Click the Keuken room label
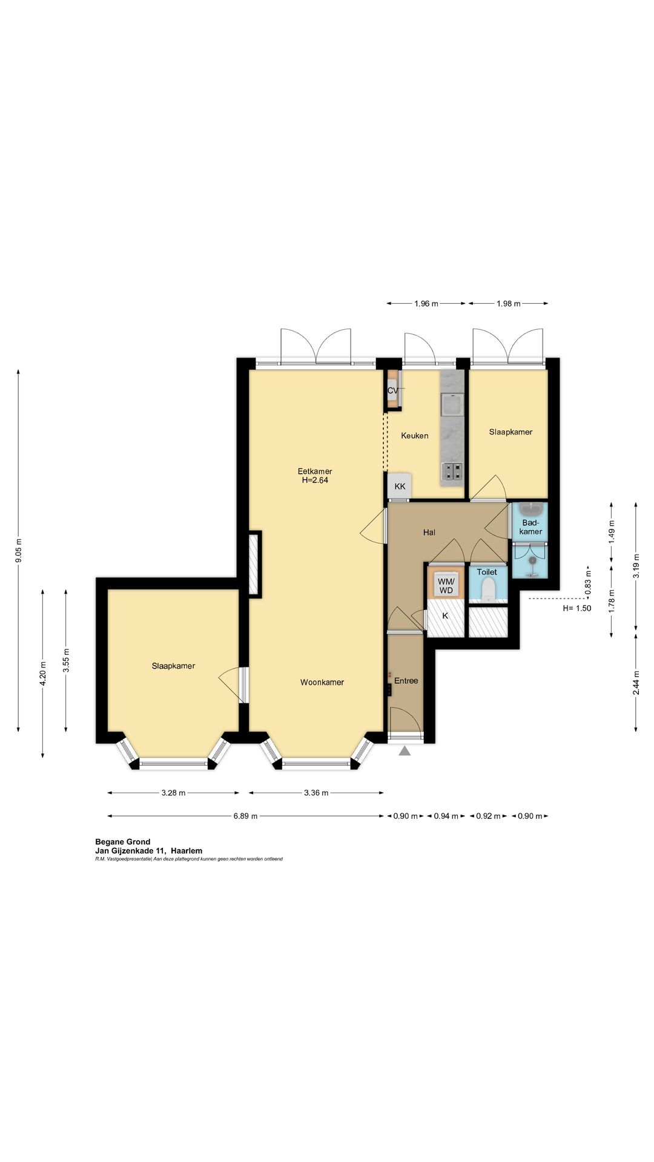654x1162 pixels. (x=415, y=436)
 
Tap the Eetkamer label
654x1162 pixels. (x=315, y=471)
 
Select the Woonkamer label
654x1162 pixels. (x=322, y=682)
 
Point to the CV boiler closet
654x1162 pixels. (x=394, y=390)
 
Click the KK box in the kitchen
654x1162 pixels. (x=400, y=486)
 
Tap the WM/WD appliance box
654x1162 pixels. (x=446, y=585)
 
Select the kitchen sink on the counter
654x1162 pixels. (x=452, y=404)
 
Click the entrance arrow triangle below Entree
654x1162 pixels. (x=405, y=751)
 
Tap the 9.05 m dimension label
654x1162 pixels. (x=19, y=551)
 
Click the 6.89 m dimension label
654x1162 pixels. (x=245, y=816)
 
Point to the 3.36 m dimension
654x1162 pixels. (x=316, y=793)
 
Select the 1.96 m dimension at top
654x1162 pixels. (x=426, y=304)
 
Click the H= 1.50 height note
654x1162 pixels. (x=576, y=608)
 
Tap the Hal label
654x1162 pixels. (x=429, y=533)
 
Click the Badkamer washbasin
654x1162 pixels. (x=531, y=507)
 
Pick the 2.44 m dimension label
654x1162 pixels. (x=636, y=683)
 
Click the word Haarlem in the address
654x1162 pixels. (x=187, y=851)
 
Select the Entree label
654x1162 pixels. (x=406, y=681)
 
